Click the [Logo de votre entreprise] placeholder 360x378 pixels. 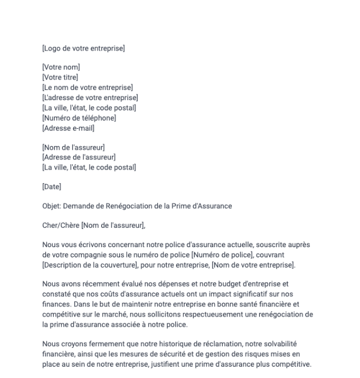83,48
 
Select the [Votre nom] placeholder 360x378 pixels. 61,67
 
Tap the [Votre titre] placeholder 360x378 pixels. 60,78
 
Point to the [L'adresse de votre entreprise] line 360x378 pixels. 90,97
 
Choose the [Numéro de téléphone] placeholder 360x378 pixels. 79,118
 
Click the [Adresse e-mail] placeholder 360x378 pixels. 68,128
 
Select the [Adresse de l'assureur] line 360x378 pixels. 79,157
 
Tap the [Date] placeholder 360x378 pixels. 52,187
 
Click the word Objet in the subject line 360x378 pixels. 52,206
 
